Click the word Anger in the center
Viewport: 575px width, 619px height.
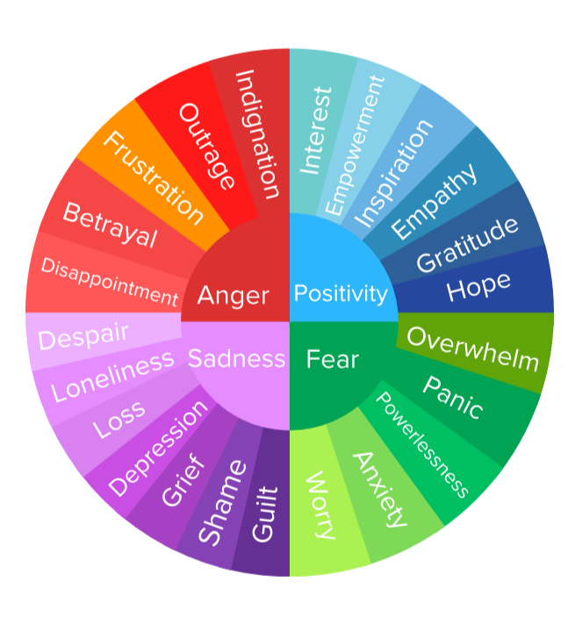(x=233, y=295)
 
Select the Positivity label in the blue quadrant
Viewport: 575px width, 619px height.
(x=341, y=293)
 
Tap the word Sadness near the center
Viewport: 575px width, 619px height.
(x=237, y=358)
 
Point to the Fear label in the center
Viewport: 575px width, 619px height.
(x=333, y=359)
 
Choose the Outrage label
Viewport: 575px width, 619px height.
(x=207, y=147)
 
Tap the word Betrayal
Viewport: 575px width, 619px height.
(x=111, y=225)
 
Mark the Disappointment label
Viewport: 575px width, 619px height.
(x=110, y=282)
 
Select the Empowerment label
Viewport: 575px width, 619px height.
(x=355, y=145)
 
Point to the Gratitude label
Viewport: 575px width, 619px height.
(x=467, y=243)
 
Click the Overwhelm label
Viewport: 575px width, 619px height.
(x=473, y=349)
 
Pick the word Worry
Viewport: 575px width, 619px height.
(x=319, y=505)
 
